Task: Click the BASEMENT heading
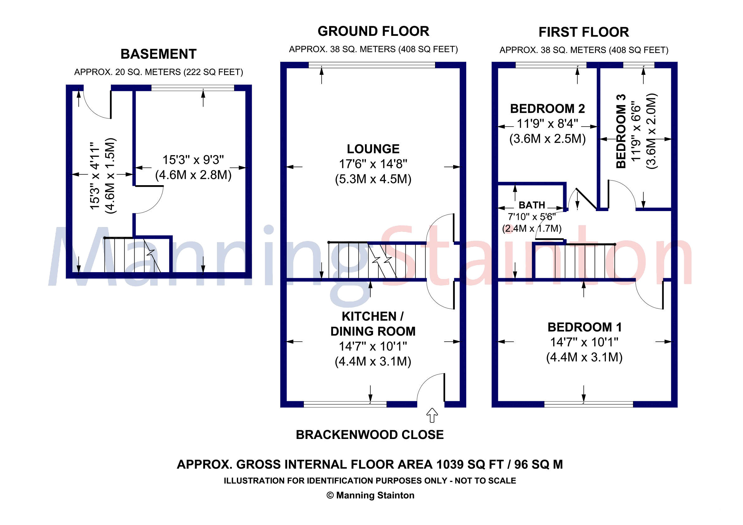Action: click(159, 54)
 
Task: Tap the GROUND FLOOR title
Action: click(373, 31)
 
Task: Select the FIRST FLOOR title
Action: click(584, 32)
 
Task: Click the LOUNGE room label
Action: click(373, 149)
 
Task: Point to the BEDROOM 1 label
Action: click(584, 327)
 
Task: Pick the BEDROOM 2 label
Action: click(548, 109)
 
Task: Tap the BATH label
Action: click(532, 205)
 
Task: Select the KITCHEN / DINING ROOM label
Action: click(373, 324)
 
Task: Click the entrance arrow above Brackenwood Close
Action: click(432, 415)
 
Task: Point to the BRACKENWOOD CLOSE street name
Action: click(370, 435)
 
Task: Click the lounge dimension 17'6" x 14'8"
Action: click(373, 164)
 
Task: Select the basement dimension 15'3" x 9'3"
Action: click(193, 160)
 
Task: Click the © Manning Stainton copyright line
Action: click(371, 495)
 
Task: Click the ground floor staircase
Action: click(377, 261)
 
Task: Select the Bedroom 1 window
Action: click(588, 404)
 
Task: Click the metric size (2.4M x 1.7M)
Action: click(532, 229)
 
